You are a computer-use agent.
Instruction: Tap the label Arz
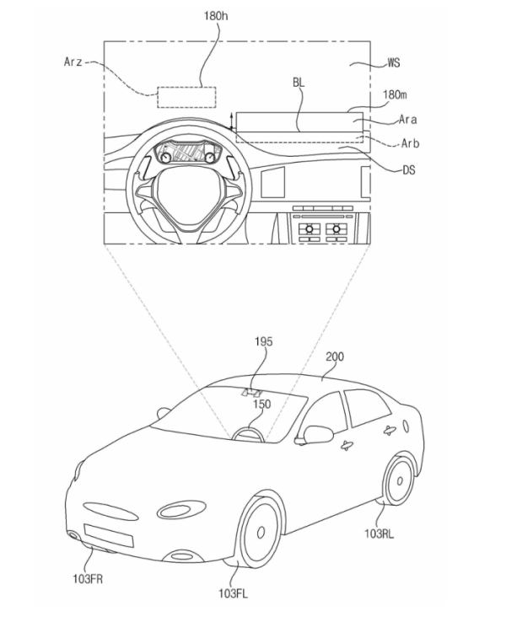click(x=75, y=62)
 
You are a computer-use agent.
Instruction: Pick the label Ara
click(x=408, y=121)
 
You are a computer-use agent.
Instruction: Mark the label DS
click(x=408, y=169)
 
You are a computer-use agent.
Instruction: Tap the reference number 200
click(x=335, y=357)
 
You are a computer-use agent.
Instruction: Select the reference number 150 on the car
click(x=262, y=405)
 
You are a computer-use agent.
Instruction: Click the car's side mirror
click(x=317, y=434)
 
